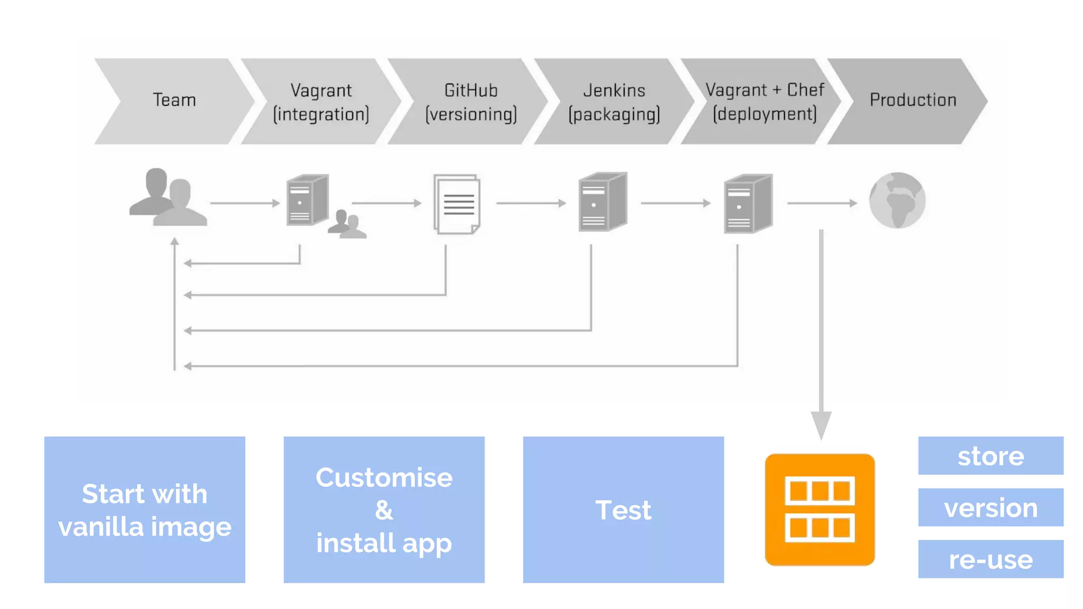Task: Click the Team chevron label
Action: (x=174, y=100)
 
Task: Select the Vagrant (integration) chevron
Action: (x=320, y=102)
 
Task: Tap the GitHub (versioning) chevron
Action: (x=471, y=102)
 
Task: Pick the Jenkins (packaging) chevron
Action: (x=614, y=102)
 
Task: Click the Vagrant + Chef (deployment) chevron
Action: (x=764, y=102)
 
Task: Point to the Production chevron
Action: (x=912, y=100)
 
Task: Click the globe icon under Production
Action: (x=897, y=201)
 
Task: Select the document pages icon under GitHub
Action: (x=457, y=204)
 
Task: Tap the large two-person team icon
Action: (x=167, y=198)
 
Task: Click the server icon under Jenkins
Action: (x=602, y=202)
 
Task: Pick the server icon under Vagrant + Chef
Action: (x=748, y=204)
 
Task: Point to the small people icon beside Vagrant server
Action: (x=346, y=225)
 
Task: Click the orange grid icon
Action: (x=819, y=510)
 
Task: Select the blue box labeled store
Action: (x=990, y=456)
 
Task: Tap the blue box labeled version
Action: (x=990, y=508)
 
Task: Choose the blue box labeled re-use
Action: (x=990, y=559)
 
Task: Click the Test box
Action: (x=623, y=510)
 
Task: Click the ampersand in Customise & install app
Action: (x=384, y=511)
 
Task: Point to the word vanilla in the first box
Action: (x=100, y=527)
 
